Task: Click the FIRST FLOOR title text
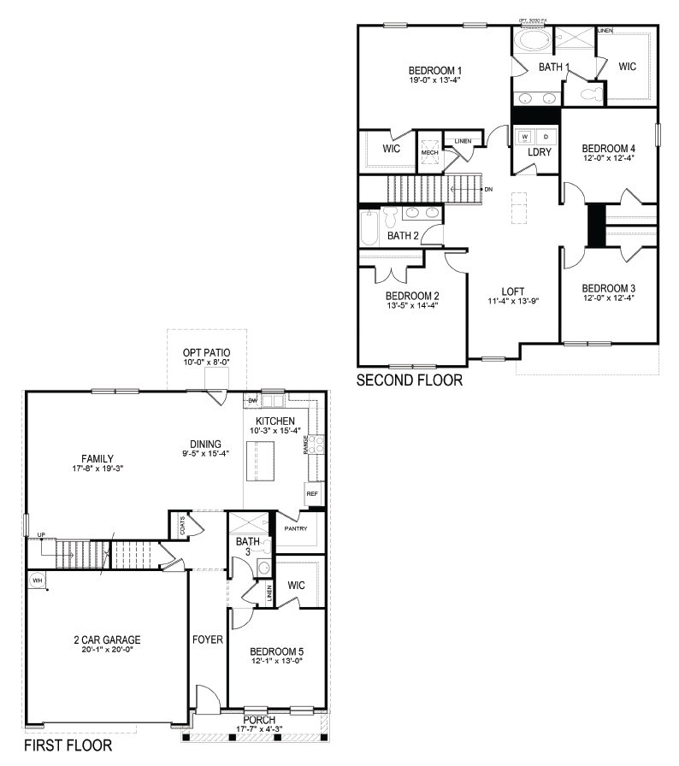[x=67, y=745]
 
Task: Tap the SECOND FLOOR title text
[x=409, y=380]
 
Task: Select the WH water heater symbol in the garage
[x=37, y=580]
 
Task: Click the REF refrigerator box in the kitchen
[x=312, y=494]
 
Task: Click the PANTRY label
[x=296, y=528]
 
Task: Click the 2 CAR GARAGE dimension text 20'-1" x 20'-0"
[x=107, y=649]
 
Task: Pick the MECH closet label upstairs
[x=429, y=153]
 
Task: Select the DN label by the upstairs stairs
[x=488, y=188]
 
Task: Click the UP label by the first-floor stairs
[x=41, y=535]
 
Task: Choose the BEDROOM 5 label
[x=276, y=651]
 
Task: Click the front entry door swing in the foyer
[x=207, y=697]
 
